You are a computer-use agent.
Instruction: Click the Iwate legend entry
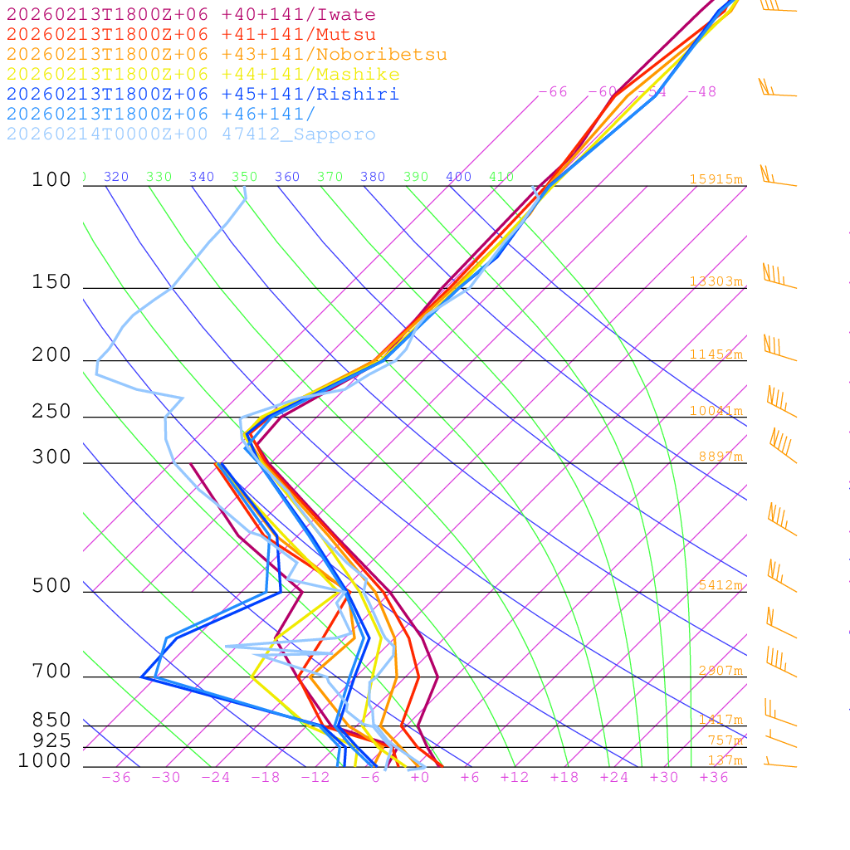191,15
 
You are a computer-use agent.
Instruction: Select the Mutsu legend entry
191,35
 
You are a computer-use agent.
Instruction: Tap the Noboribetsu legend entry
227,55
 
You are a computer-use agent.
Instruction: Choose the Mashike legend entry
203,75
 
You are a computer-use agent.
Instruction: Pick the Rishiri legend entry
203,95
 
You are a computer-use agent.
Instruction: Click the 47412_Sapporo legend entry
191,134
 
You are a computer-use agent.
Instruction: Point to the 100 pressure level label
51,179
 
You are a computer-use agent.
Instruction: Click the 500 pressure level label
51,586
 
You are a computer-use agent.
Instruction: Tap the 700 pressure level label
51,672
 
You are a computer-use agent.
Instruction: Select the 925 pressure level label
51,740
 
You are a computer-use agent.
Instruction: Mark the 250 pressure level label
51,412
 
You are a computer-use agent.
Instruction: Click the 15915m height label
716,179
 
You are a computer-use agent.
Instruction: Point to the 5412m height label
720,585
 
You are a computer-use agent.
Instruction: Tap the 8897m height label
720,457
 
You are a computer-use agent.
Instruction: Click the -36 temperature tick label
116,777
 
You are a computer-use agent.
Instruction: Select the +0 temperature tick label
419,777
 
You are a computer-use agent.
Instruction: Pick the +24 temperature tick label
614,777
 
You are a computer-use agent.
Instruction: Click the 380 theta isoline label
373,177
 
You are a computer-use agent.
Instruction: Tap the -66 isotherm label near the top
553,92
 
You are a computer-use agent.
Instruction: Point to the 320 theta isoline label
116,177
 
